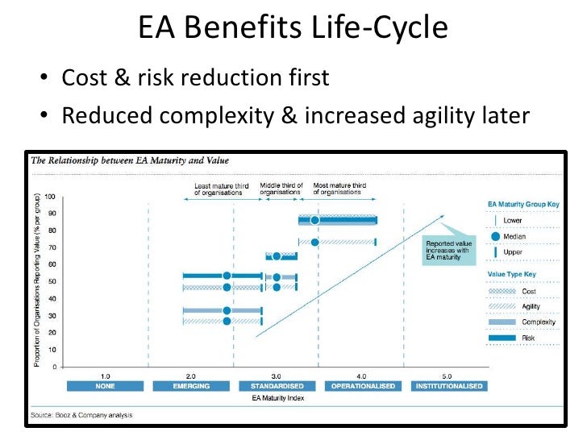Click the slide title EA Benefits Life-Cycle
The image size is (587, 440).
[x=293, y=29]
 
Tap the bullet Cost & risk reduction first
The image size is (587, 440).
[x=195, y=78]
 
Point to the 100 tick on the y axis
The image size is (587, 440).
[x=50, y=197]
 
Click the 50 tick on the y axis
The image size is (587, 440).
[x=52, y=282]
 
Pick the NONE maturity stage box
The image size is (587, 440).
[x=105, y=386]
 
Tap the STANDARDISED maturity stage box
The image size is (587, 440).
[x=276, y=386]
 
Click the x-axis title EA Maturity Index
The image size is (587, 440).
[x=279, y=398]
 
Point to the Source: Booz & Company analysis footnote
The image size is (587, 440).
[x=81, y=415]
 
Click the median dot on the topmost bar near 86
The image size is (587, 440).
[x=315, y=220]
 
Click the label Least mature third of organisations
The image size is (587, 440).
[x=220, y=189]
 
